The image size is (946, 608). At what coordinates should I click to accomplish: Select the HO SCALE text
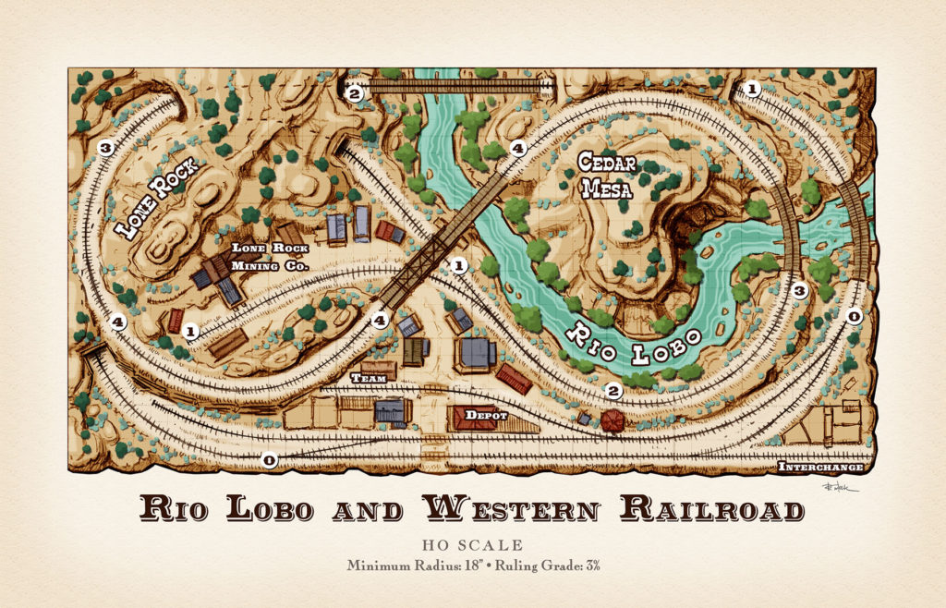[472, 545]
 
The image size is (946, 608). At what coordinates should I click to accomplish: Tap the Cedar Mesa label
[606, 176]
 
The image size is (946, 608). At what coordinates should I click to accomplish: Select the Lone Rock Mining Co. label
[269, 257]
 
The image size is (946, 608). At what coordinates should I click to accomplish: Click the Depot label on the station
[486, 416]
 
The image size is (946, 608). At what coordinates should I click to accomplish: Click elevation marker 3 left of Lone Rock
[105, 147]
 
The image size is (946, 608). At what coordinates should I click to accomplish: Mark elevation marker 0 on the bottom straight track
[269, 459]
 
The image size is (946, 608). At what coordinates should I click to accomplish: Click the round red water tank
[611, 421]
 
